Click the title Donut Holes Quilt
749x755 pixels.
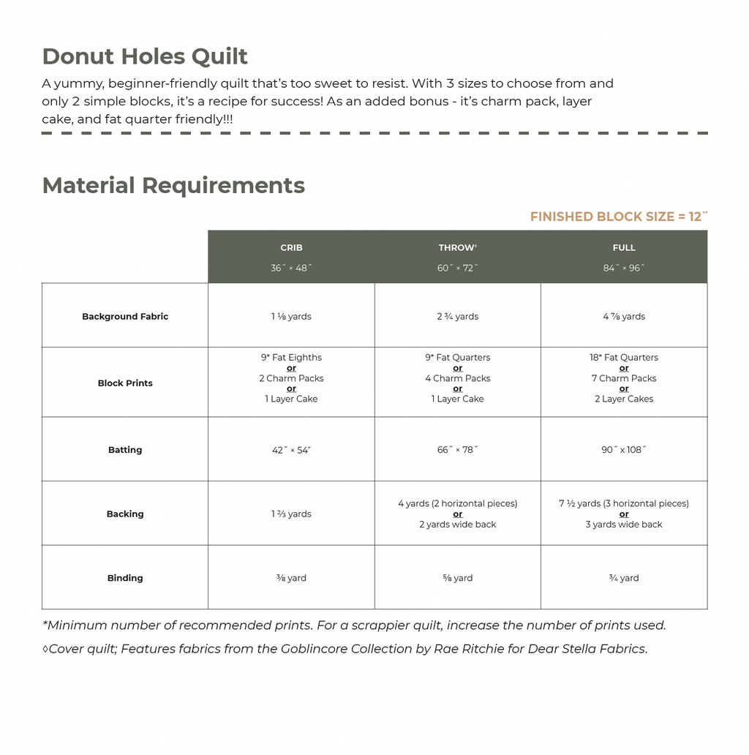click(145, 56)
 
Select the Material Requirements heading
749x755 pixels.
click(173, 185)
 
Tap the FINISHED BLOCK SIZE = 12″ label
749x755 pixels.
click(618, 217)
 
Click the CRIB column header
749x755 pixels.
click(291, 248)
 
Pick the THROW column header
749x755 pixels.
click(457, 248)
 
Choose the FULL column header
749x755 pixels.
click(624, 248)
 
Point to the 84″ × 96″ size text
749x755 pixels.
click(624, 268)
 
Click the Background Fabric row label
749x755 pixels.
click(125, 317)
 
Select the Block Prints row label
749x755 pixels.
click(125, 383)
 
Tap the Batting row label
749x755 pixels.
click(125, 450)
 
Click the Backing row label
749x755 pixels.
click(125, 514)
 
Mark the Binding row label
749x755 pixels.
click(125, 578)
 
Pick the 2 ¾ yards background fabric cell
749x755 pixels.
click(457, 317)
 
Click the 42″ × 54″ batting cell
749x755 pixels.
click(291, 450)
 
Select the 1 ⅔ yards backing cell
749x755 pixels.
click(291, 514)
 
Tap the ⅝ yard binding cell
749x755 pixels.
click(457, 578)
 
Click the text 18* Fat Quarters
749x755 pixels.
click(624, 358)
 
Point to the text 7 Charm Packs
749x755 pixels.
click(624, 378)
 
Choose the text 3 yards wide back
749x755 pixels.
click(624, 525)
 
